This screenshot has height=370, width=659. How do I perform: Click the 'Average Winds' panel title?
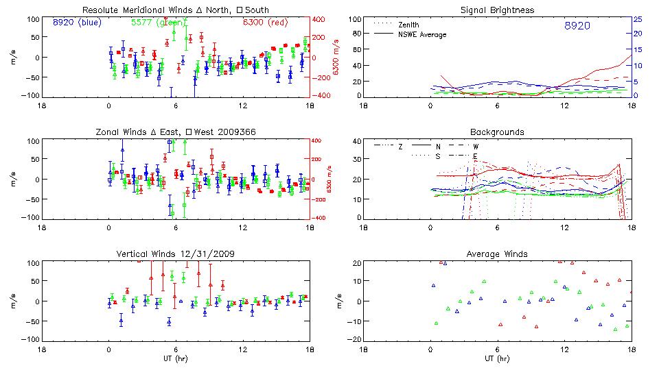coord(496,254)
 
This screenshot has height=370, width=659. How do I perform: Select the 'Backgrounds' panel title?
coord(496,132)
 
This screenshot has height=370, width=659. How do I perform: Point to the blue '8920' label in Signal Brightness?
coord(577,26)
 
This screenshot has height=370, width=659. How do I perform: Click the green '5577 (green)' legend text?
coord(155,23)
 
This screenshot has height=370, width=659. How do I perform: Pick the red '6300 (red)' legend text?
coord(267,23)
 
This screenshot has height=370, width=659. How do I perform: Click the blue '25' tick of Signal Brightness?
coord(637,19)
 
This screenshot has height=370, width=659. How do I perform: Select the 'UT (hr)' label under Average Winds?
coord(496,358)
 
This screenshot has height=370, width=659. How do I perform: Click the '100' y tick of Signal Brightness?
coord(354,19)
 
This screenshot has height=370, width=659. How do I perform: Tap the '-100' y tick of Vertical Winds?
coord(30,340)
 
